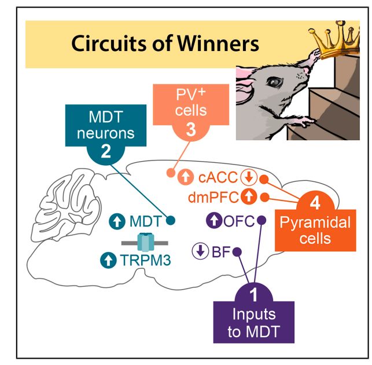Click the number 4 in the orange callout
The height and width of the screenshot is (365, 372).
tap(314, 203)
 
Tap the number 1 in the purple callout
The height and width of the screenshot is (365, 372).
tap(253, 295)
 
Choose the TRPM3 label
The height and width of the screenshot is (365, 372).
tap(145, 260)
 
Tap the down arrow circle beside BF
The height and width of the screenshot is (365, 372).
tap(200, 251)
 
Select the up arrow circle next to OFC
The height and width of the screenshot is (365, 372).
tap(215, 221)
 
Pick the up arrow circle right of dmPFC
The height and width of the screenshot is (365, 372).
tap(248, 197)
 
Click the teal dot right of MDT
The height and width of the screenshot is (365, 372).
tap(171, 220)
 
